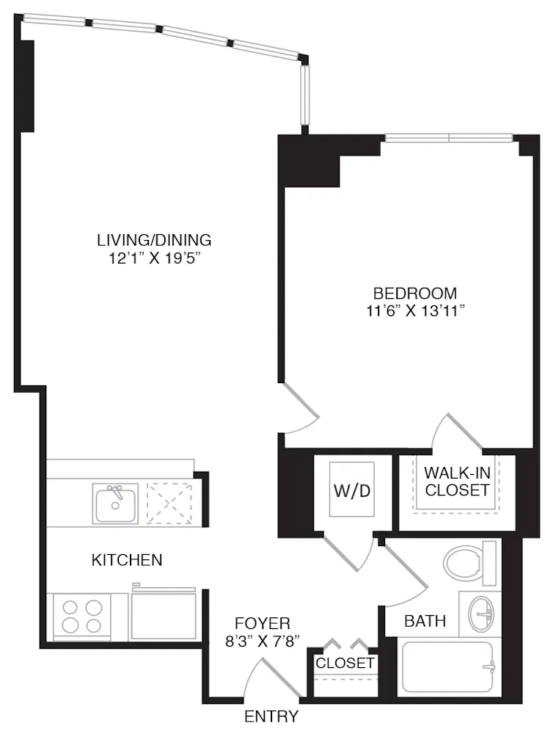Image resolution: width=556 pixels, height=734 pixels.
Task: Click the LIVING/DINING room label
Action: click(154, 239)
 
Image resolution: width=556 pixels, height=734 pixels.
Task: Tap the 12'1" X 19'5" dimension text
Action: click(154, 258)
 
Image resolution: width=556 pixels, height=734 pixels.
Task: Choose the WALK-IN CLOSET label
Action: click(457, 481)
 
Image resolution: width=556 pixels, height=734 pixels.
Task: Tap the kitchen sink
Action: click(115, 503)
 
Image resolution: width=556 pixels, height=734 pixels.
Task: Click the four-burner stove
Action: click(81, 616)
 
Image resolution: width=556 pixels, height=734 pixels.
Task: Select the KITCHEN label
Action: click(126, 560)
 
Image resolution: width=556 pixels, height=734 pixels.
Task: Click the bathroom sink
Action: click(482, 611)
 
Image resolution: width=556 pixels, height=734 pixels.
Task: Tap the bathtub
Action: click(447, 668)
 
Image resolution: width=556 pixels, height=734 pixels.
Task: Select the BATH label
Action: click(425, 621)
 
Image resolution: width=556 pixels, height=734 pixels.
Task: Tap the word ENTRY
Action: click(271, 716)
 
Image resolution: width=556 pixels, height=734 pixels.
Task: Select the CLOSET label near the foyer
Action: click(345, 664)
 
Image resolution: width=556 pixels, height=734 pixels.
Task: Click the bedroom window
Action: click(449, 137)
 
